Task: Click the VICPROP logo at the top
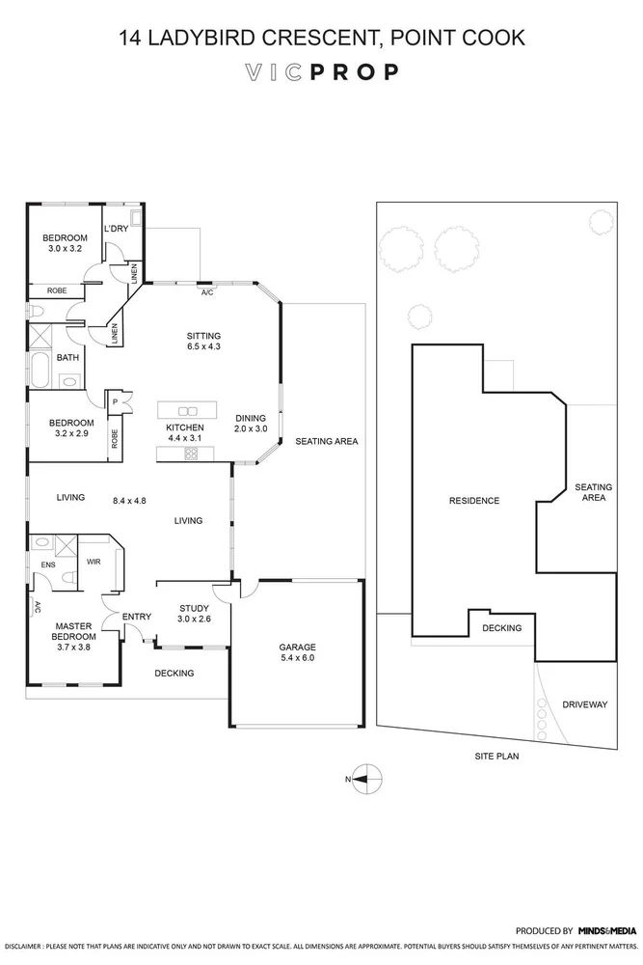click(x=321, y=72)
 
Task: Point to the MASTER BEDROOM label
click(x=74, y=631)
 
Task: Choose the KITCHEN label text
click(x=184, y=427)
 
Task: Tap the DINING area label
click(x=251, y=418)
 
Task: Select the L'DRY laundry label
click(x=116, y=228)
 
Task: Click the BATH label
click(x=67, y=357)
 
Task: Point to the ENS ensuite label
click(x=46, y=565)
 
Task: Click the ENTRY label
click(x=137, y=617)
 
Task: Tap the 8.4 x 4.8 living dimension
click(x=129, y=500)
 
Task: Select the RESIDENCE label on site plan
click(x=474, y=500)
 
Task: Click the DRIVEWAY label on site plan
click(x=585, y=704)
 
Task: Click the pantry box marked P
click(x=115, y=402)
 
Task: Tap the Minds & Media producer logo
click(x=606, y=930)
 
